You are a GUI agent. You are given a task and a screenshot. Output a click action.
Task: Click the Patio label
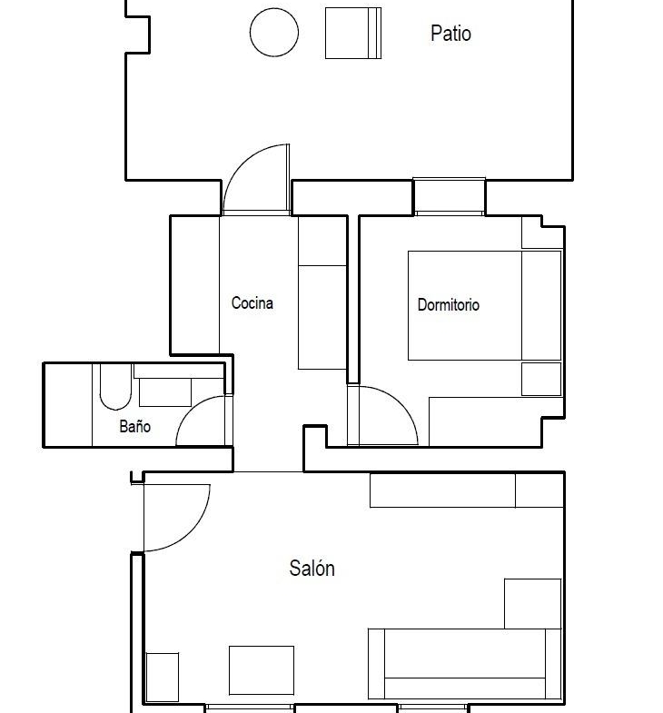(450, 34)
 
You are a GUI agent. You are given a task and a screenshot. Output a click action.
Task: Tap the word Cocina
(252, 302)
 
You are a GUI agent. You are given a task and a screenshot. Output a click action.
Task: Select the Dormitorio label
(449, 304)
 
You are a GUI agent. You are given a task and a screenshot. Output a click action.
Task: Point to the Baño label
(134, 426)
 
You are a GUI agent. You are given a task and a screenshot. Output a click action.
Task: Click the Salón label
(312, 568)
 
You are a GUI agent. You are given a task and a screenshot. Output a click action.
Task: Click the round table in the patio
(274, 33)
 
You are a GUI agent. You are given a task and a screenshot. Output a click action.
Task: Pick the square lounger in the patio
(353, 34)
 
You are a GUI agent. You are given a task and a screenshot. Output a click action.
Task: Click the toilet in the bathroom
(115, 387)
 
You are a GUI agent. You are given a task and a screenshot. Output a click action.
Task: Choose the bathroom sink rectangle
(165, 392)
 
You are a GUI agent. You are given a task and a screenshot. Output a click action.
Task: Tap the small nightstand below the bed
(541, 380)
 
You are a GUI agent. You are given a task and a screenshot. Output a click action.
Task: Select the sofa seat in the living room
(465, 653)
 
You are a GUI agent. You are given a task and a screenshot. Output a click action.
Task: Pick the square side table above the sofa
(532, 604)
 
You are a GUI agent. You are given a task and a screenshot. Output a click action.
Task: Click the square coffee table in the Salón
(262, 670)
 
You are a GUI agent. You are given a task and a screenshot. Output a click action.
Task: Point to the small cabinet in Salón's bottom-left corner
(163, 677)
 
